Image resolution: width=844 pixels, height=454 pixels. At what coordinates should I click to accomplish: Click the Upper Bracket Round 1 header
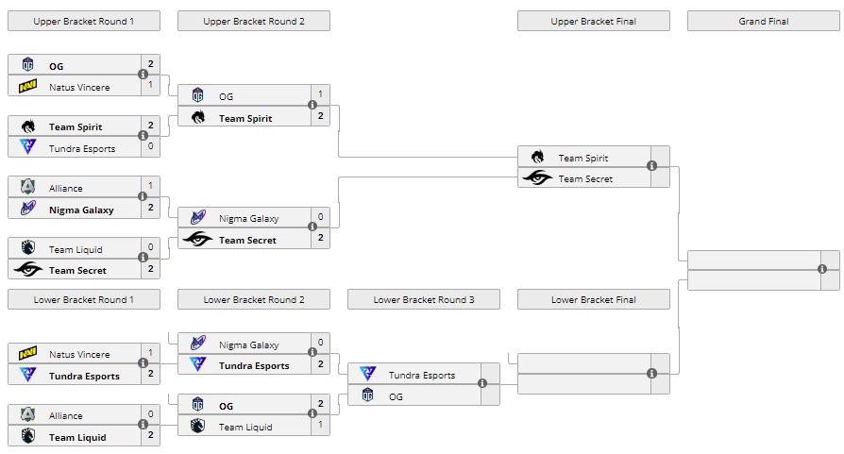[83, 21]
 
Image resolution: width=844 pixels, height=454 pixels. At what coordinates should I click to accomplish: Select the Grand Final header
[764, 21]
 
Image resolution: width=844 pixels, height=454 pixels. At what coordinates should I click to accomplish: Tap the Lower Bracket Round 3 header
[424, 299]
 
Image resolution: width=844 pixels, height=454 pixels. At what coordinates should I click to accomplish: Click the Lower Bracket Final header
[594, 299]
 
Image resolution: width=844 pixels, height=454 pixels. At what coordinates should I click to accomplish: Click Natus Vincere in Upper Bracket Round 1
[79, 87]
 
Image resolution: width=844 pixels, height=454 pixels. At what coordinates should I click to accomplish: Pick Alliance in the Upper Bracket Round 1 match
[66, 189]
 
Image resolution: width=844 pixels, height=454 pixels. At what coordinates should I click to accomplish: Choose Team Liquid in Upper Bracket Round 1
[75, 249]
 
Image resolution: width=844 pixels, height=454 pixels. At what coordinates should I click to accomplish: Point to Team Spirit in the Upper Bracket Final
[582, 158]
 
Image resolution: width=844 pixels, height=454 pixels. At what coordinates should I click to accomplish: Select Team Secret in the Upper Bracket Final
[584, 178]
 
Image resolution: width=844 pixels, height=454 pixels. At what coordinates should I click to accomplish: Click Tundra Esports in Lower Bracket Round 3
[421, 375]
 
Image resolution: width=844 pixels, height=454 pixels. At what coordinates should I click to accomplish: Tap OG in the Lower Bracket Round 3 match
[396, 396]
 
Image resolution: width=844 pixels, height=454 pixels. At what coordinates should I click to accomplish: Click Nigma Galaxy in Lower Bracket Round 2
[248, 345]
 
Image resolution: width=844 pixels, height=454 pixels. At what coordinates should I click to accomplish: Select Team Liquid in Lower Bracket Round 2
[245, 427]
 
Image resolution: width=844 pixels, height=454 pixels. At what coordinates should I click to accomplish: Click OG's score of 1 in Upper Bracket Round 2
[321, 94]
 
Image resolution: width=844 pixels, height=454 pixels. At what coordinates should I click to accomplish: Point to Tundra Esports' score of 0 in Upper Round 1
[150, 147]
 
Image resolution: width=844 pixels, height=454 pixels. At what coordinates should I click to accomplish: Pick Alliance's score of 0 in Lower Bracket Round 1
[150, 414]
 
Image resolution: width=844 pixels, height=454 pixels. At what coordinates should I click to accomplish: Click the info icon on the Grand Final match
[822, 269]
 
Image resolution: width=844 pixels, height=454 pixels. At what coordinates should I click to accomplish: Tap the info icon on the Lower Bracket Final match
[652, 374]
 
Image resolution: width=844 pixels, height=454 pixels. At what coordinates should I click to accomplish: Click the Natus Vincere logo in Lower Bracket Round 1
[27, 354]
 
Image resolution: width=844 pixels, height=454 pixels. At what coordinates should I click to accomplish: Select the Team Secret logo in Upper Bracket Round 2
[197, 240]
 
